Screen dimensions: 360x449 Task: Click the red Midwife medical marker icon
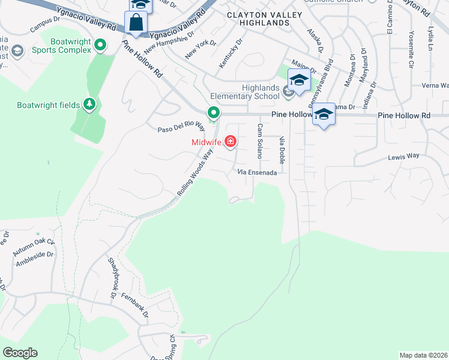pos(230,142)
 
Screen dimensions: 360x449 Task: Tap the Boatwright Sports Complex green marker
pos(100,45)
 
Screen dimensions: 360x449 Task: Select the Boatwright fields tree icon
pos(89,105)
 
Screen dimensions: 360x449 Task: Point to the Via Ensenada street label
pos(257,173)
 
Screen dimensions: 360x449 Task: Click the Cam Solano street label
pos(260,141)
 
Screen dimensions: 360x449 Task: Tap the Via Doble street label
pos(282,150)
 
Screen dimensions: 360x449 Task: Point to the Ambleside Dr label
pos(34,258)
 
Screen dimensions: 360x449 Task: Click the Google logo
pos(20,353)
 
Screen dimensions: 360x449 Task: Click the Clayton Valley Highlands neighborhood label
pos(258,18)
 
